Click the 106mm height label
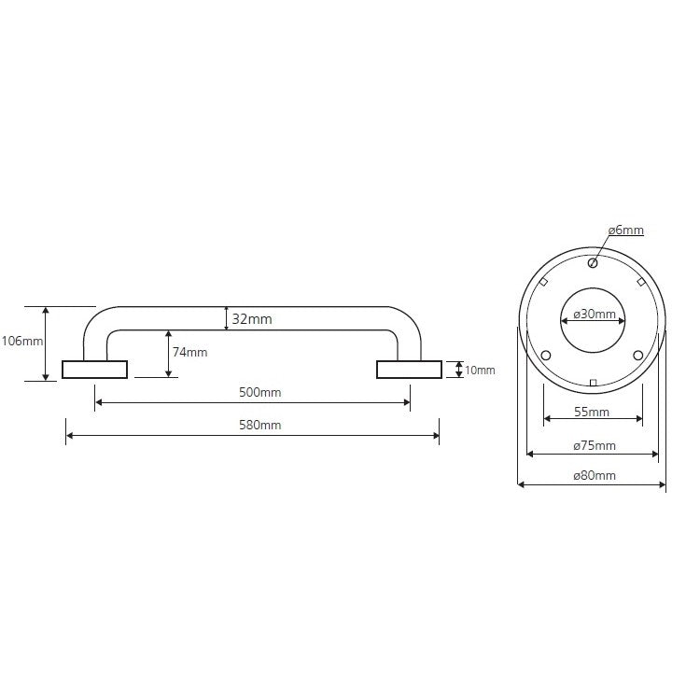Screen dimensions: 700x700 tap(22, 341)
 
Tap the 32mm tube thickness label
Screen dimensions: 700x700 tap(252, 319)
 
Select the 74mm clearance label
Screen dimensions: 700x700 tap(189, 352)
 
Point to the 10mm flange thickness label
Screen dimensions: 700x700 tap(480, 371)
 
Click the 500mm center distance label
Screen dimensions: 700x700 tap(259, 392)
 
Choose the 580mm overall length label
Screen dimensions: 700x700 tap(259, 425)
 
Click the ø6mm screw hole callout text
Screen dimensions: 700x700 tap(626, 230)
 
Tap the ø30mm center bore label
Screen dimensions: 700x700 tap(595, 314)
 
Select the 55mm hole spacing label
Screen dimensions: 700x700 tap(592, 412)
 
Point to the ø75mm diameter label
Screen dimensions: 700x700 tap(595, 445)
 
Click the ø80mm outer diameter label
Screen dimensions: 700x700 tap(595, 475)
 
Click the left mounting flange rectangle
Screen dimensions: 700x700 tap(94, 370)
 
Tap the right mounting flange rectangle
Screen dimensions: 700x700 tap(410, 370)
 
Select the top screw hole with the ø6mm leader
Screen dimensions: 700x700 tap(593, 263)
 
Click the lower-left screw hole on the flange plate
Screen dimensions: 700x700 tap(546, 356)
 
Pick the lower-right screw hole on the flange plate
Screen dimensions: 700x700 tap(638, 356)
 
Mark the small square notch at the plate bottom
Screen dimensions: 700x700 tap(593, 383)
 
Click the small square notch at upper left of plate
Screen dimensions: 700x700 tap(544, 282)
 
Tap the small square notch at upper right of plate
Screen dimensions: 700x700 tap(640, 282)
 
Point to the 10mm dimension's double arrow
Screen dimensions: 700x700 tap(459, 370)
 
